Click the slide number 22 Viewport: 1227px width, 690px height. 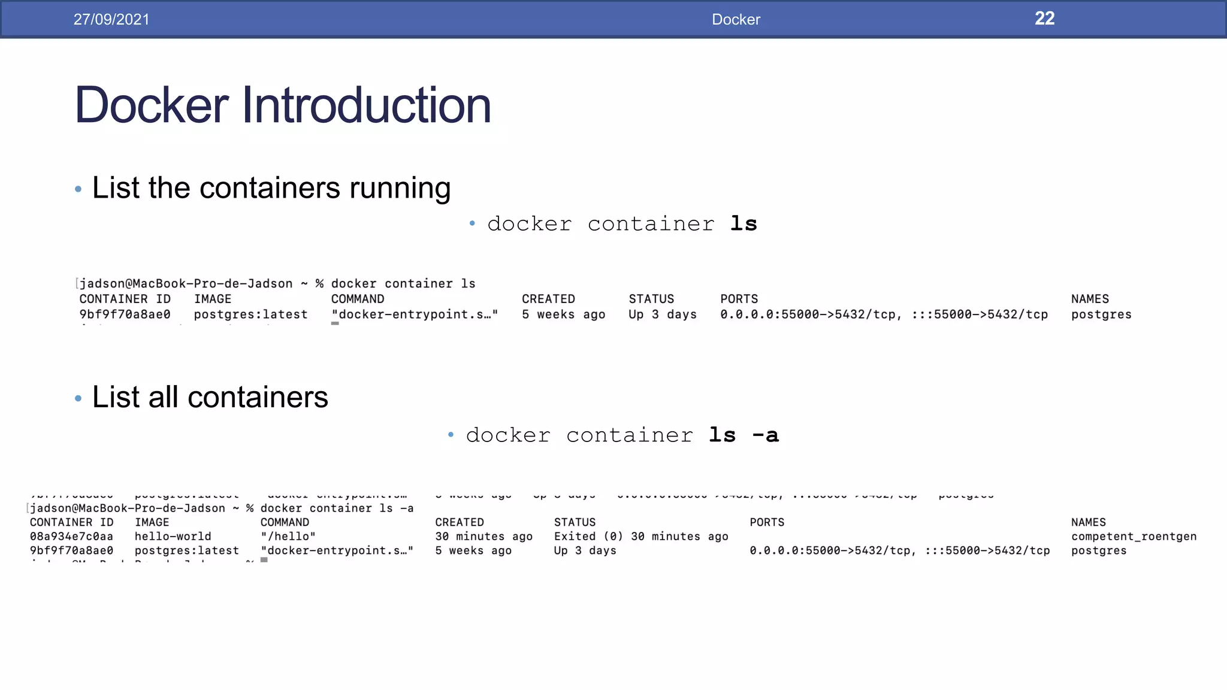click(x=1044, y=19)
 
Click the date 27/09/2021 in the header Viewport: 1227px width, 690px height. click(x=111, y=19)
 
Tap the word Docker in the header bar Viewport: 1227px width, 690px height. click(x=736, y=19)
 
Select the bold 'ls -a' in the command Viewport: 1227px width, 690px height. click(x=744, y=435)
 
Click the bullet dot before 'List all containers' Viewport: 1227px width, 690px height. click(x=78, y=398)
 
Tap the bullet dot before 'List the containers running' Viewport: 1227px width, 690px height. click(x=78, y=189)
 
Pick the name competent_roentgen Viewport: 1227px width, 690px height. click(x=1134, y=536)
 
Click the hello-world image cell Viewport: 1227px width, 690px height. click(x=173, y=536)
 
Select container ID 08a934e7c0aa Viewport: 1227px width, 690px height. click(x=71, y=536)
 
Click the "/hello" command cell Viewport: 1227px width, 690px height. click(x=288, y=536)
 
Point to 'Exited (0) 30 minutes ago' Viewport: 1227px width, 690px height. click(x=640, y=536)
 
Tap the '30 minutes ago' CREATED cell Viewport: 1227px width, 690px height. click(x=483, y=536)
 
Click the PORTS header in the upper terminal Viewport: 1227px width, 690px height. click(x=739, y=299)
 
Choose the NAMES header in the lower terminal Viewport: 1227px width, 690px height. click(x=1088, y=522)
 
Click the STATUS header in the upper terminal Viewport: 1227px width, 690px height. click(x=651, y=299)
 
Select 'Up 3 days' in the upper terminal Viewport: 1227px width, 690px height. click(x=662, y=314)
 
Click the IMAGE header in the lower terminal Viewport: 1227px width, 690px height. click(x=152, y=522)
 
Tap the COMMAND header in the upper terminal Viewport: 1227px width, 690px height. click(x=358, y=299)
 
